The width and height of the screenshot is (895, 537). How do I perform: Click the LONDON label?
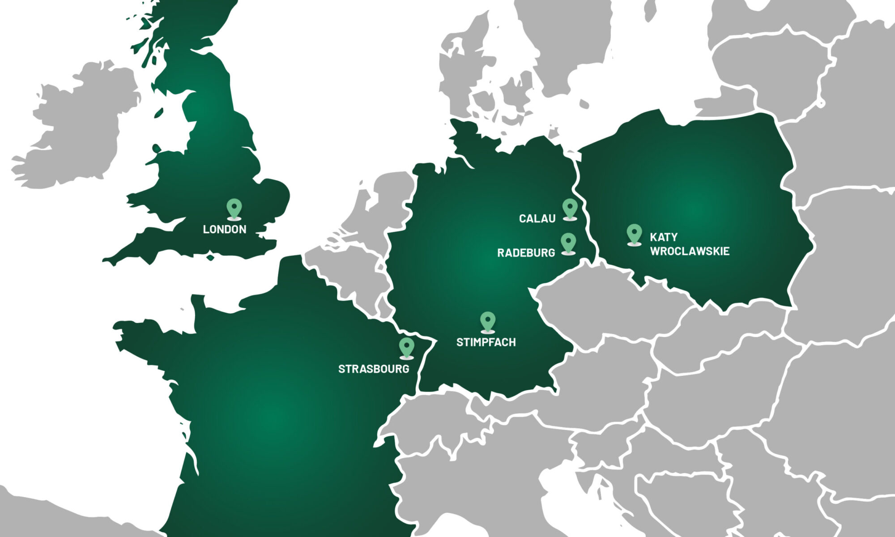pos(225,229)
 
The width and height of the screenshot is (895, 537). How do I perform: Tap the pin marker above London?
pos(234,209)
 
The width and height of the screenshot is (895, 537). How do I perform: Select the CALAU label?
pos(537,218)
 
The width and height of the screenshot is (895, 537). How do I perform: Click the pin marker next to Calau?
pos(569,209)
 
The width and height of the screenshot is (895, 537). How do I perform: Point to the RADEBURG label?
pos(526,253)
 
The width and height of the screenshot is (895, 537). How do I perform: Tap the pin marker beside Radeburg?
pos(568,243)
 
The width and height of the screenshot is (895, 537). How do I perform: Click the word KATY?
pos(664,237)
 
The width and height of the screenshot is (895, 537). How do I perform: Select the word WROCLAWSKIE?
pos(690,251)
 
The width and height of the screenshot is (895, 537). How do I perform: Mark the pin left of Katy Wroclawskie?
pos(634,234)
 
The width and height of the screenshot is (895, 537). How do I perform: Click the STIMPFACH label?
pos(486,342)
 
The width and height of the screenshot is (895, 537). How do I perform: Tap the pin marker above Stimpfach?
pos(487,322)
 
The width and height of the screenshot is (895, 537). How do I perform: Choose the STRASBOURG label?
pos(374,369)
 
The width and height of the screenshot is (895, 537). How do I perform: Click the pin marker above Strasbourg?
pos(406,348)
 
